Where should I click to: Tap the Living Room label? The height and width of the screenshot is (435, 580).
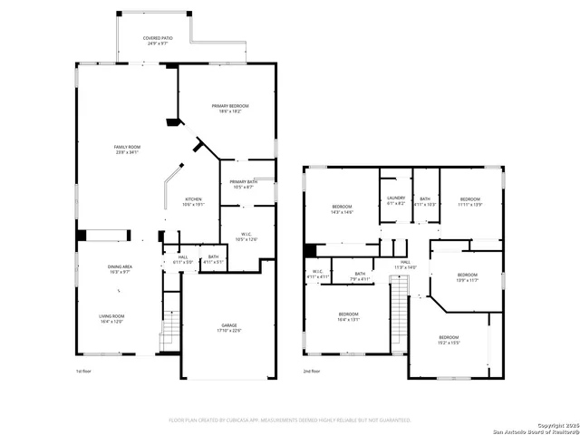[x=112, y=318]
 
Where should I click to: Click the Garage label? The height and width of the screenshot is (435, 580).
[x=229, y=327]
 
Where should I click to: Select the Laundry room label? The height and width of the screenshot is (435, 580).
[x=395, y=200]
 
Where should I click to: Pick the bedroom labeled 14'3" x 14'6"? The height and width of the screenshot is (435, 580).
[x=342, y=209]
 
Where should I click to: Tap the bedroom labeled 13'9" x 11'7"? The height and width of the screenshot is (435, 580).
[x=467, y=276]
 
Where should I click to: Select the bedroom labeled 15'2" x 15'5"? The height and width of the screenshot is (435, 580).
[x=449, y=340]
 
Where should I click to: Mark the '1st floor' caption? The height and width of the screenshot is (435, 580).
[x=84, y=372]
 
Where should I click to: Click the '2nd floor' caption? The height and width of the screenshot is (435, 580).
[x=311, y=372]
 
